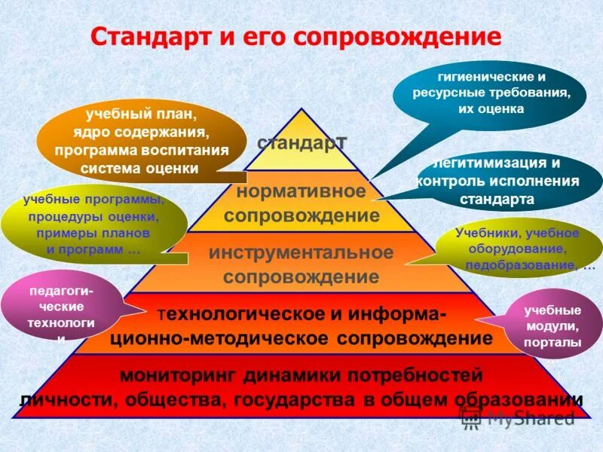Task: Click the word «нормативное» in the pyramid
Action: tap(301, 191)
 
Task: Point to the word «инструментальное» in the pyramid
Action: tap(301, 252)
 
